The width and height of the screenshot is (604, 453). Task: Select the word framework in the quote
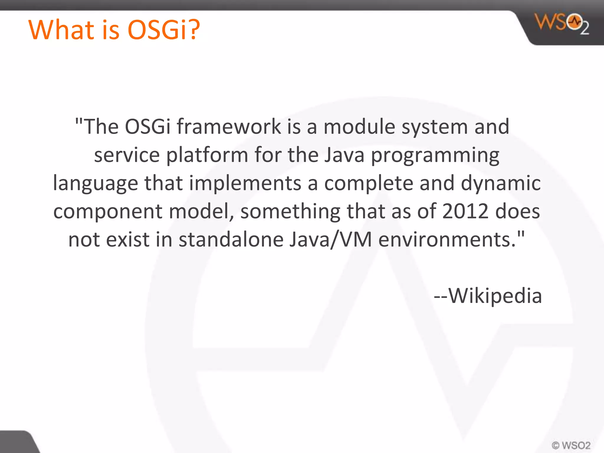click(229, 127)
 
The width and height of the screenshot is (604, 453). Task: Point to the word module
click(359, 127)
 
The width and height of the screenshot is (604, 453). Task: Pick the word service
click(127, 155)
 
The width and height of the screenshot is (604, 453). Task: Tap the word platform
click(207, 155)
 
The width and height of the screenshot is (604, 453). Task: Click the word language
click(95, 183)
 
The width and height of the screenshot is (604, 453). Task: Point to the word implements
click(245, 183)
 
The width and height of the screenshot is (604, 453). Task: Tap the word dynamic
click(500, 183)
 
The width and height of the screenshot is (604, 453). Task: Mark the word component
click(108, 211)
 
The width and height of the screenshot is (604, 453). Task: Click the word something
click(290, 211)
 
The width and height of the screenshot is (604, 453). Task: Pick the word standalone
click(231, 239)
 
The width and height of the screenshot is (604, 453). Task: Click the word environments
click(448, 239)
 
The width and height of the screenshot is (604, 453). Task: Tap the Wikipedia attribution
click(488, 296)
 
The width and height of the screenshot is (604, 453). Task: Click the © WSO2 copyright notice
click(571, 445)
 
